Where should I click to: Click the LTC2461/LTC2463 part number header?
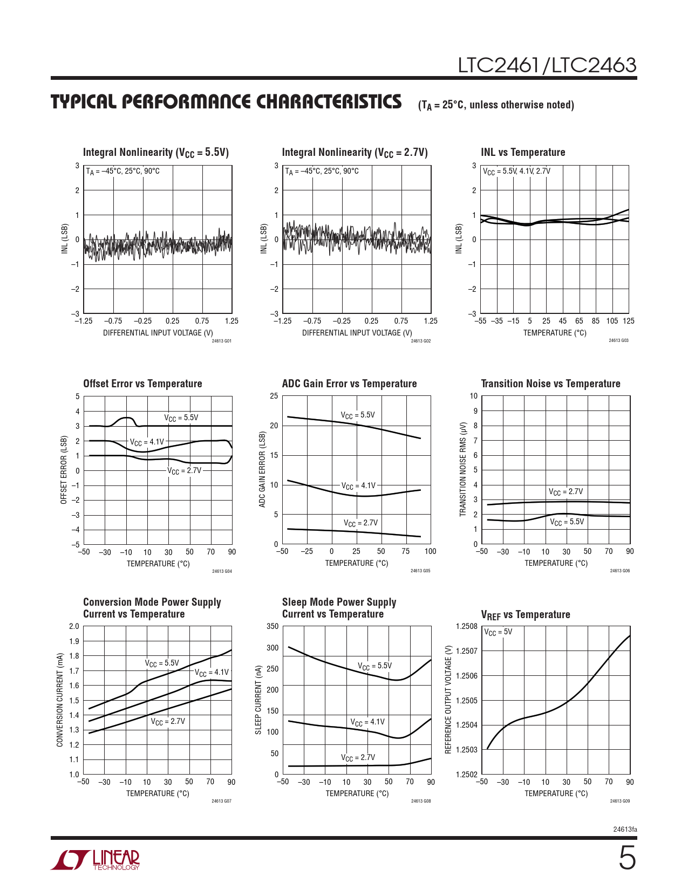pos(547,65)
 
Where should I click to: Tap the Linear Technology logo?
pos(96,860)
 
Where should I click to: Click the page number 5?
pos(627,859)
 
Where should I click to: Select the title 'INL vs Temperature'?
pos(523,153)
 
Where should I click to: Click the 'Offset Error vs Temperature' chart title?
pos(142,384)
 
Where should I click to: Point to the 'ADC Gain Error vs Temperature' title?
pos(349,384)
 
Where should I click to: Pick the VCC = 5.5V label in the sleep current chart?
pos(375,666)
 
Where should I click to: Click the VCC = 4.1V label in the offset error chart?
pos(147,442)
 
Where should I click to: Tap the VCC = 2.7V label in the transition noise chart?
pos(566,492)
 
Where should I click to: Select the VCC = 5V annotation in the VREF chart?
pos(498,632)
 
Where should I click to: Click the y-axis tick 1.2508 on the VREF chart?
pos(466,626)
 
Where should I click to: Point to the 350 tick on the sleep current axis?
pos(273,626)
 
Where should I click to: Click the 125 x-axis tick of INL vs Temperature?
pos(628,321)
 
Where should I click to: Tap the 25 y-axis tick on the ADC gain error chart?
pos(274,396)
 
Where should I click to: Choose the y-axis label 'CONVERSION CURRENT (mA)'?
pos(60,700)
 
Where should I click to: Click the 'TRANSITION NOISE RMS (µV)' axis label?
pos(462,469)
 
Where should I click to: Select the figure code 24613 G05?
pos(420,571)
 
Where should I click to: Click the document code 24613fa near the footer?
pos(625,829)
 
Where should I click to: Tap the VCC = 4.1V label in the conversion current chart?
pos(212,673)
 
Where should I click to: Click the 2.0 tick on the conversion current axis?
pos(74,626)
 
